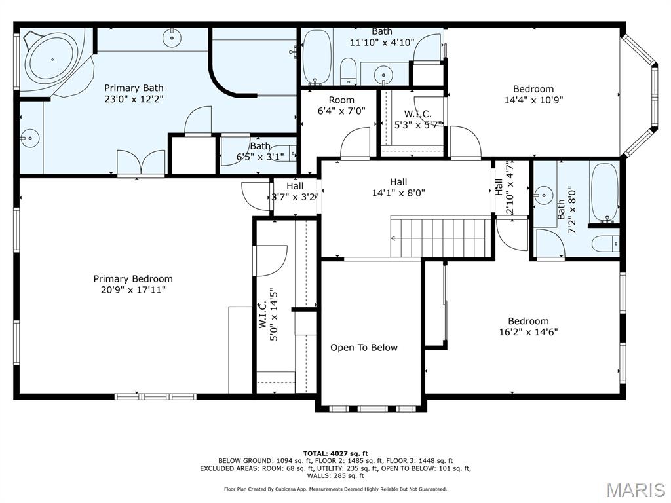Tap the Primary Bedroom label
click(133, 278)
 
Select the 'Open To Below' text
click(364, 348)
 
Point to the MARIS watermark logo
click(635, 489)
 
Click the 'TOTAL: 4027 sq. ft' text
click(335, 453)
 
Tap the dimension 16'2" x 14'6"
click(528, 332)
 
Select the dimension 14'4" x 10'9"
click(533, 100)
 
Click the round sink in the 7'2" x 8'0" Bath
click(543, 195)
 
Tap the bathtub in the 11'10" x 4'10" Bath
click(317, 58)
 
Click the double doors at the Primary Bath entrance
click(141, 164)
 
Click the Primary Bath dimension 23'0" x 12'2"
click(134, 99)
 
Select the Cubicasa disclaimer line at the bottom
click(335, 489)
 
